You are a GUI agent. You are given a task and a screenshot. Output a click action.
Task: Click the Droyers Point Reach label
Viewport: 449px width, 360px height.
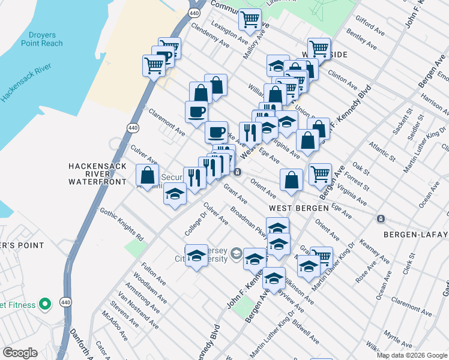(x=41, y=38)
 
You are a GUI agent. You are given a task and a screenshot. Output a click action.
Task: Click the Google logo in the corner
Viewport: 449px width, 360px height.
(x=20, y=353)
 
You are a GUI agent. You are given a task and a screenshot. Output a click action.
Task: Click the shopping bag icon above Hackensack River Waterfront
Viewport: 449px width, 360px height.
(x=147, y=176)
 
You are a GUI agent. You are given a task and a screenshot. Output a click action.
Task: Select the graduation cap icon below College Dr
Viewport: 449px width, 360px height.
(x=196, y=256)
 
